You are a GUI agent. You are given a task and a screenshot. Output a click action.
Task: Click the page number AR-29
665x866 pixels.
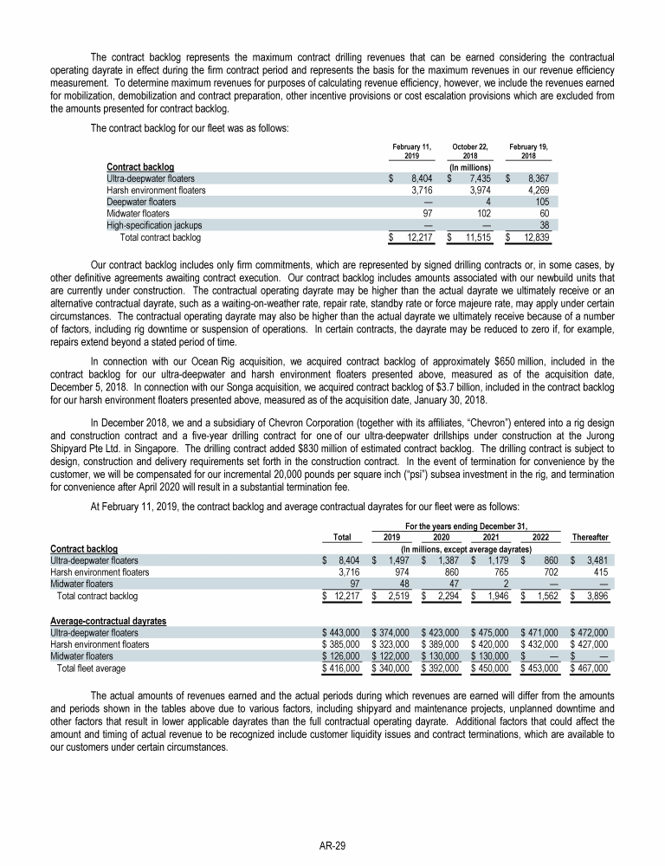332,841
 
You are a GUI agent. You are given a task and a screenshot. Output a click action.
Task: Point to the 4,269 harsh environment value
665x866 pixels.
539,188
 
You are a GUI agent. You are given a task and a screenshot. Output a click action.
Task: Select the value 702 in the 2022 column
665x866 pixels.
541,572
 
